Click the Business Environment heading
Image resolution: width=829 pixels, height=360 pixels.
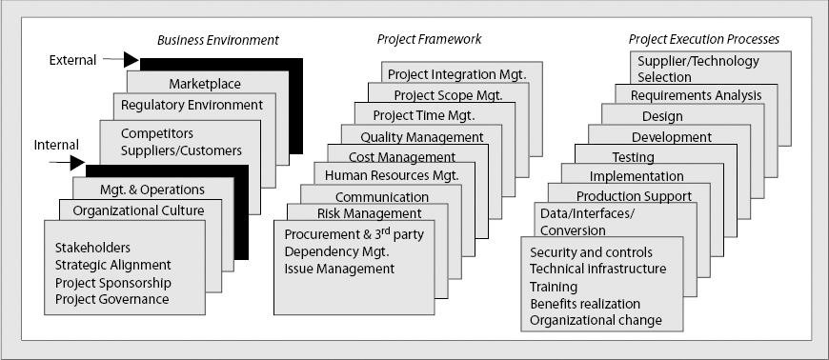click(x=217, y=40)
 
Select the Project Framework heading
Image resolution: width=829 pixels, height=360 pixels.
click(x=429, y=40)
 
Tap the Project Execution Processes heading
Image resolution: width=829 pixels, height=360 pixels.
click(x=704, y=40)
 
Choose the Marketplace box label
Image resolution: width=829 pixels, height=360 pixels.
click(x=205, y=84)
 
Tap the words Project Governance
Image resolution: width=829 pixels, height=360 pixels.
click(x=112, y=299)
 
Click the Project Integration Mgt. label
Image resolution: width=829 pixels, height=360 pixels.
click(x=465, y=74)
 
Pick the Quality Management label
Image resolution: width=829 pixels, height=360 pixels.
click(x=422, y=137)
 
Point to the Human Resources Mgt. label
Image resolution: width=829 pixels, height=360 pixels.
click(x=392, y=175)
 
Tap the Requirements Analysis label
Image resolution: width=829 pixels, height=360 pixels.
click(x=697, y=95)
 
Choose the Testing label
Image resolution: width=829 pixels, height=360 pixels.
click(x=632, y=157)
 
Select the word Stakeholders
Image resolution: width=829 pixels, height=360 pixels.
click(x=92, y=248)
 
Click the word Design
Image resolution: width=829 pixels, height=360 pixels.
click(x=662, y=116)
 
